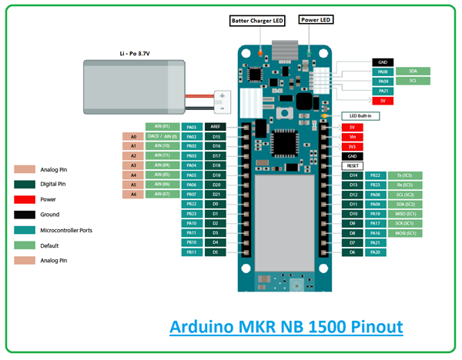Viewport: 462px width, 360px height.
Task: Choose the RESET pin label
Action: pyautogui.click(x=353, y=165)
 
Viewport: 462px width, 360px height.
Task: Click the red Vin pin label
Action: pyautogui.click(x=353, y=136)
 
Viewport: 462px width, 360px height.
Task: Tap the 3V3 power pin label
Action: pyautogui.click(x=353, y=146)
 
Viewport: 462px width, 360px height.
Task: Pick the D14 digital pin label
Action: pyautogui.click(x=353, y=175)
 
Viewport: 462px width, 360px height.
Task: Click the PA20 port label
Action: pyautogui.click(x=375, y=252)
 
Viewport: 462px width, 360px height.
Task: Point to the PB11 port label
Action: pyautogui.click(x=192, y=252)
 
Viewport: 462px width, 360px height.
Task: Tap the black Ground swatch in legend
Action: pyautogui.click(x=24, y=215)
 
